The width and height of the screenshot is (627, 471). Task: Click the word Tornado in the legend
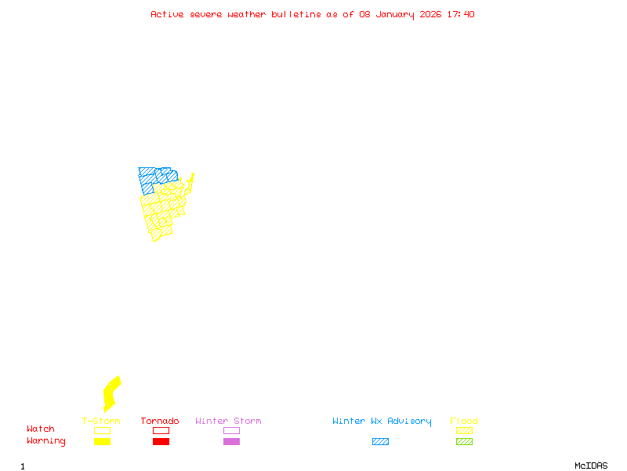tap(160, 422)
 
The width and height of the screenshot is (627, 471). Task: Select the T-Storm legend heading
tap(101, 422)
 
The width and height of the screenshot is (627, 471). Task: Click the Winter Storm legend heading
tap(228, 422)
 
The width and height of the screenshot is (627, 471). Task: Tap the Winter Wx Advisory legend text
tap(382, 422)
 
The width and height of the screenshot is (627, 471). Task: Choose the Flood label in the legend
tap(464, 422)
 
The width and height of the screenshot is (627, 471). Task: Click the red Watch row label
tap(41, 429)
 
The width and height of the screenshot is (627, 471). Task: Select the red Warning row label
tap(46, 441)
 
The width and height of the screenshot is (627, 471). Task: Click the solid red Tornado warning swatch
tap(161, 442)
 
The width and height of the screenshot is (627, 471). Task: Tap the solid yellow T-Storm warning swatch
tap(102, 442)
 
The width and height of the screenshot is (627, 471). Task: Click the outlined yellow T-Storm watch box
tap(102, 430)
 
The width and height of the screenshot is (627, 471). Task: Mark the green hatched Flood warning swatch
tap(464, 442)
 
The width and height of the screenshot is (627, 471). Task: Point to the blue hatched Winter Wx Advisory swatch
tap(380, 442)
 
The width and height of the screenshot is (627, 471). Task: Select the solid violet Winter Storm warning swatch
tap(231, 442)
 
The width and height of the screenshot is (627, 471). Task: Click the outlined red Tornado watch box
tap(161, 430)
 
